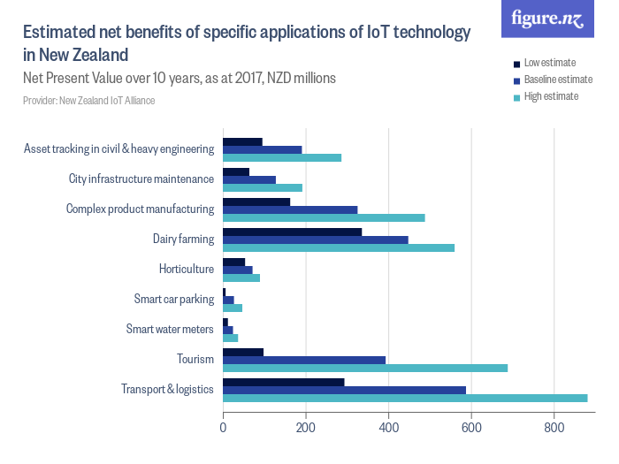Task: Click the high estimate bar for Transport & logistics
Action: tap(405, 398)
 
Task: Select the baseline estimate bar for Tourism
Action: tap(304, 360)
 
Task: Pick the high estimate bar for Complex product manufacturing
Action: tap(324, 217)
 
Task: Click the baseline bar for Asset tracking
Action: tap(262, 149)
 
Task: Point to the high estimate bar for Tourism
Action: tap(365, 368)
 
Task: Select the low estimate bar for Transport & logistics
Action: tap(283, 382)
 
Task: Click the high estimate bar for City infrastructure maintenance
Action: tap(263, 187)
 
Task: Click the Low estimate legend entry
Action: tap(549, 63)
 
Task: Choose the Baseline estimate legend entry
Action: tap(557, 80)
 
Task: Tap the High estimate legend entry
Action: tap(550, 96)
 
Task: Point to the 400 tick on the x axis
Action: tap(388, 427)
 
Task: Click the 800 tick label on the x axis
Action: tap(554, 427)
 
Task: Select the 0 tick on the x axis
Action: tap(223, 427)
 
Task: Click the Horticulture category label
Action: tap(187, 269)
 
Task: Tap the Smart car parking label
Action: tap(174, 299)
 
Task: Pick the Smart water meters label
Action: tap(170, 330)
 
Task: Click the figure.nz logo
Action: tap(547, 19)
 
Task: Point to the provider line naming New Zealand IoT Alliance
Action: tap(89, 101)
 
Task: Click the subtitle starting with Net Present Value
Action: tap(180, 79)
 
